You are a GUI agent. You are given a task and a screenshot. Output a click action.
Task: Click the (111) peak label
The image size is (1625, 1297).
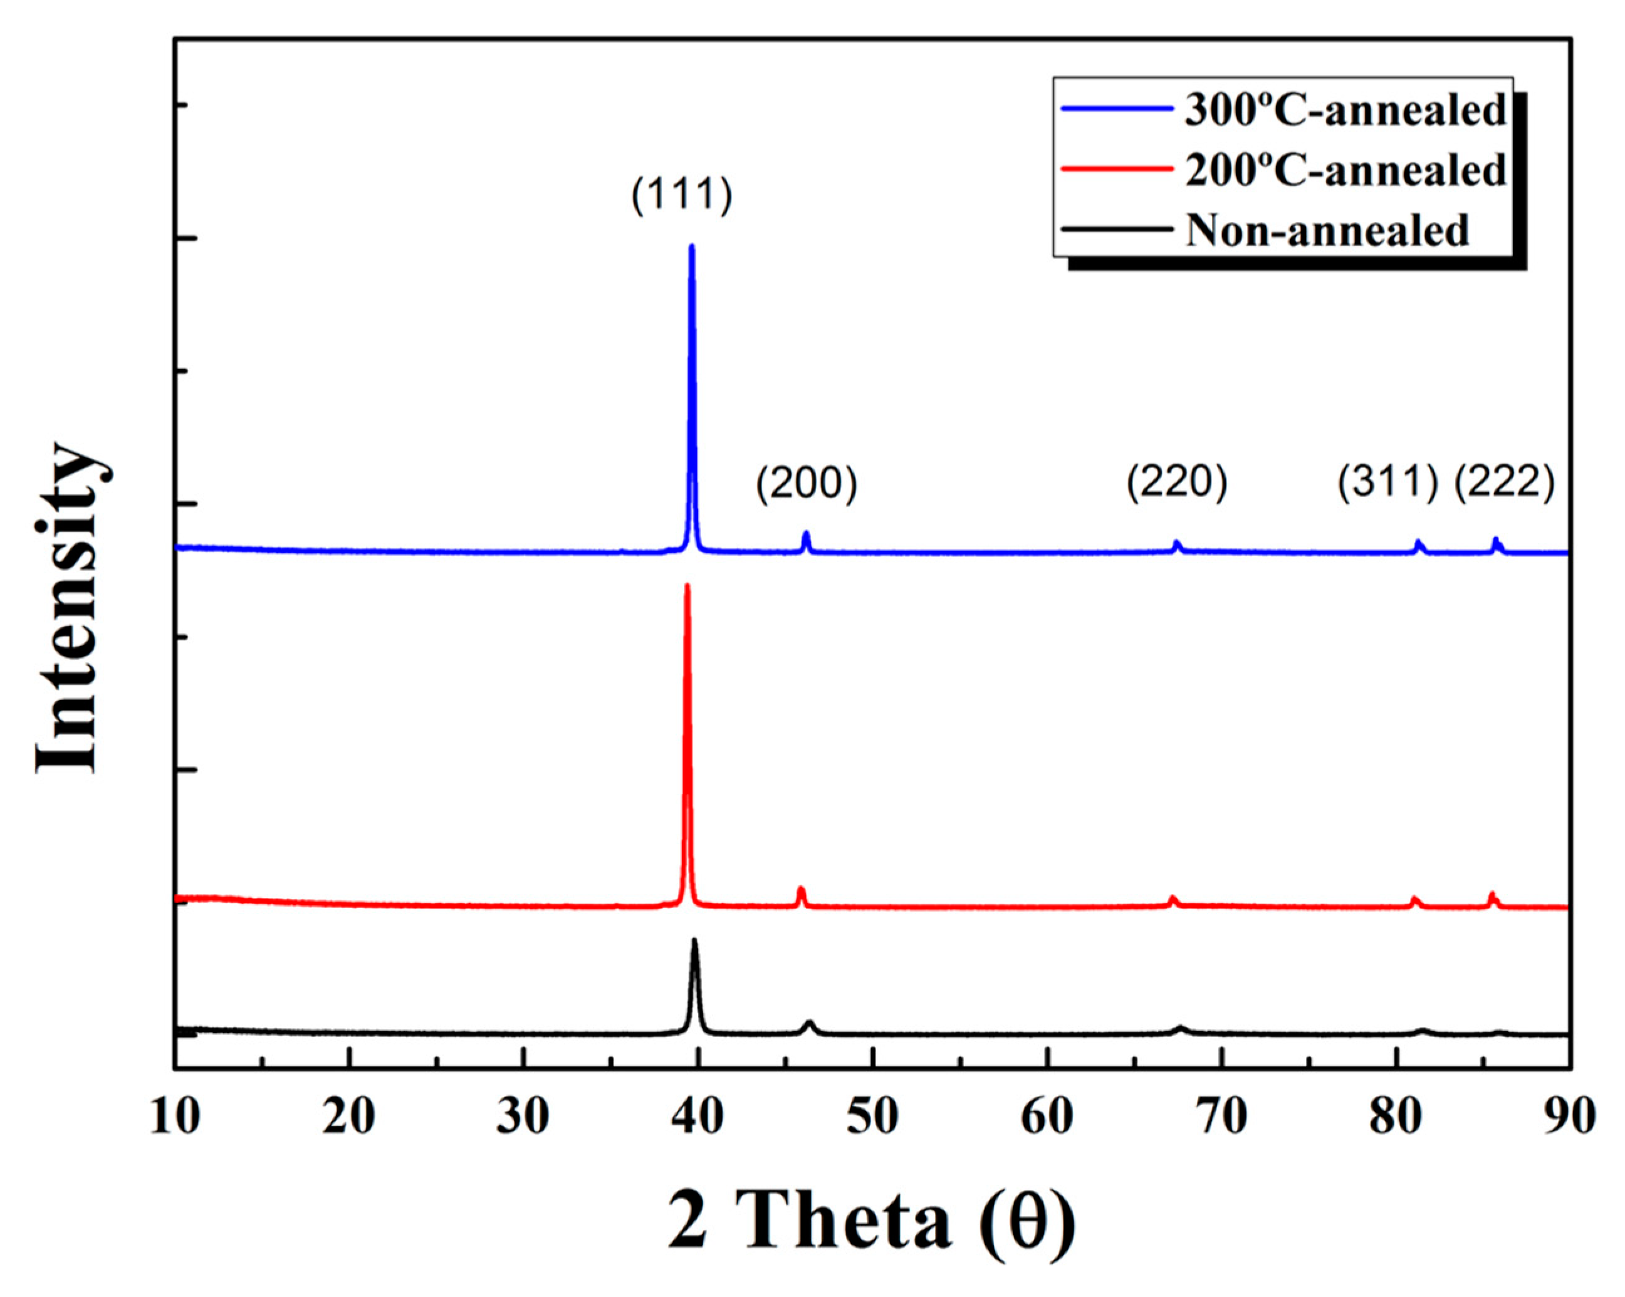681,196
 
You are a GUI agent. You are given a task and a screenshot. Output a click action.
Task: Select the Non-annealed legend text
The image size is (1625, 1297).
1327,230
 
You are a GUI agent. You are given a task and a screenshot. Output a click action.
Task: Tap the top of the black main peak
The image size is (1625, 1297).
694,940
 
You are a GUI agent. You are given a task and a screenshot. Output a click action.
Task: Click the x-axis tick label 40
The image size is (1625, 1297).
698,1118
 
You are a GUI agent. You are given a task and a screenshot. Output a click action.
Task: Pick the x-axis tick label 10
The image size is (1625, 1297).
175,1118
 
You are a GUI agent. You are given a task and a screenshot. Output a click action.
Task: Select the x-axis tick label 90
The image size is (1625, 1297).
1569,1118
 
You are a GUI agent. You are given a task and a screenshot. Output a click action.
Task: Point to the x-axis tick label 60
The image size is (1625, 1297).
1047,1118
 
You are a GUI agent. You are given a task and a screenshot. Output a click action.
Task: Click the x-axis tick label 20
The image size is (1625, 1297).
349,1118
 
